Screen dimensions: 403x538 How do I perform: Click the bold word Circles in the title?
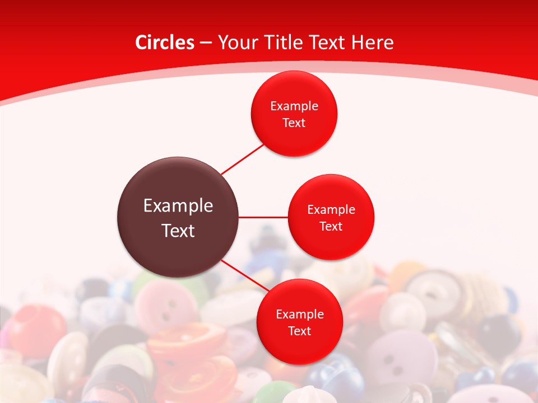pos(164,42)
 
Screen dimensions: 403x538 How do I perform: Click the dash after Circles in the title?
pos(206,43)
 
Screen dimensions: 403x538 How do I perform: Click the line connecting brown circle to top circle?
pos(243,159)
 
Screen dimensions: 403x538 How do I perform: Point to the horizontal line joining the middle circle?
pos(263,217)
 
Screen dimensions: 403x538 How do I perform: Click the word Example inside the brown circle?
pos(178,206)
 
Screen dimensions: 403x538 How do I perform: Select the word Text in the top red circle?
pos(294,123)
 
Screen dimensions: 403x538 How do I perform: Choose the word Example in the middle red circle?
pos(331,210)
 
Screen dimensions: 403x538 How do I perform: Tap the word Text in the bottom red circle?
pos(299,331)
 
